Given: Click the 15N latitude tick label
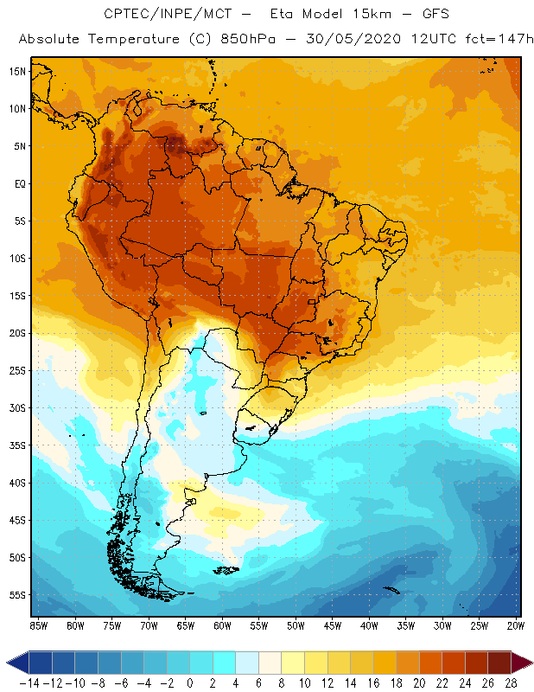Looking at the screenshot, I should point(16,71).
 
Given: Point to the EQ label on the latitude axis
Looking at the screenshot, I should point(17,183).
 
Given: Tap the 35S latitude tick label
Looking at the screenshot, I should point(16,445).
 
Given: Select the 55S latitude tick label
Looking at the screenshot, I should point(16,595).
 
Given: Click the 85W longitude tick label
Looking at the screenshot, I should point(38,625).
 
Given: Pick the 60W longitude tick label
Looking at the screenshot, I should point(222,625).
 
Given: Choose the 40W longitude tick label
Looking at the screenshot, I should point(369,625).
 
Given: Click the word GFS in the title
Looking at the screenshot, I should point(416,15).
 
